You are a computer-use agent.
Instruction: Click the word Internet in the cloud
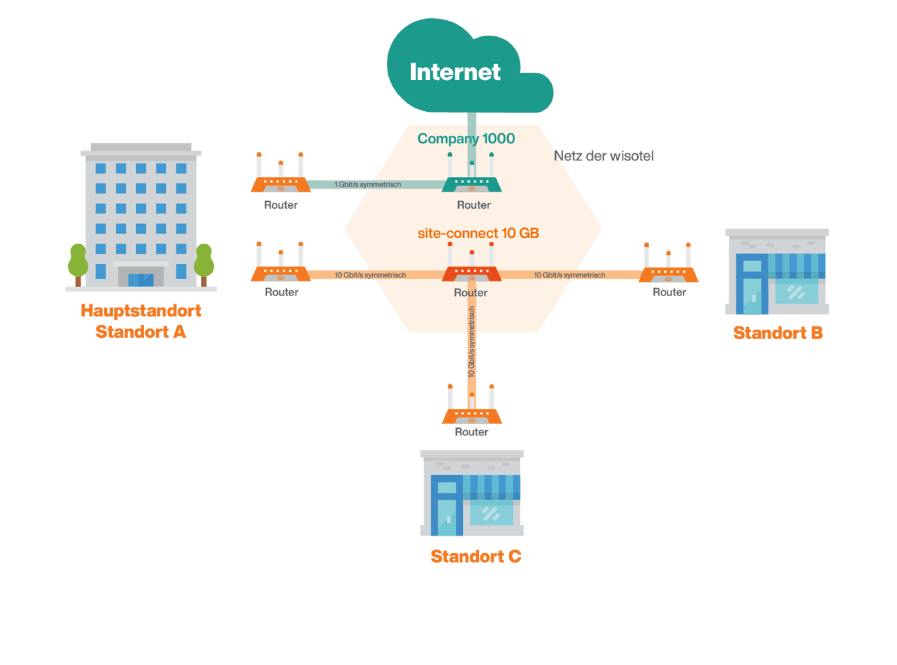pos(455,72)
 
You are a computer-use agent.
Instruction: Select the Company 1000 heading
pos(466,139)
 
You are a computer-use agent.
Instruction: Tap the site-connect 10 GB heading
pos(478,233)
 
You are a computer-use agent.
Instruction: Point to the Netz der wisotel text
pos(604,156)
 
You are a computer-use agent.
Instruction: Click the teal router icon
pos(472,183)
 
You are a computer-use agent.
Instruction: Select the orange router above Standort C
pos(472,415)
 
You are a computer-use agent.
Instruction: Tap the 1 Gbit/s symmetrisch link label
pos(368,184)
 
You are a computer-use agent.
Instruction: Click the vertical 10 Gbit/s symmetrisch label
pos(472,341)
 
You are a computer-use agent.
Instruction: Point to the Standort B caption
pos(778,332)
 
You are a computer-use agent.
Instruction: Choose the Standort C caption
pos(476,556)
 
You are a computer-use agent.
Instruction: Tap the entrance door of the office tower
pos(141,279)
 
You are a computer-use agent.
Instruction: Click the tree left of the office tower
pos(78,262)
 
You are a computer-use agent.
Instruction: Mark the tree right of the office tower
pos(204,262)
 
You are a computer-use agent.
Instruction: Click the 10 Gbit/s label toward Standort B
pos(569,275)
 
